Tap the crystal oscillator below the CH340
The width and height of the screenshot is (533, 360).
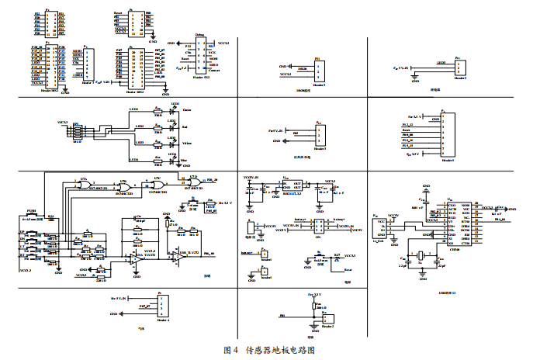421,258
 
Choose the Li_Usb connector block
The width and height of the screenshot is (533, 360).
381,227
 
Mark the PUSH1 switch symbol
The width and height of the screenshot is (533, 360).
32,216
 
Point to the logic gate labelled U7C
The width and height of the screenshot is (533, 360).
158,184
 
